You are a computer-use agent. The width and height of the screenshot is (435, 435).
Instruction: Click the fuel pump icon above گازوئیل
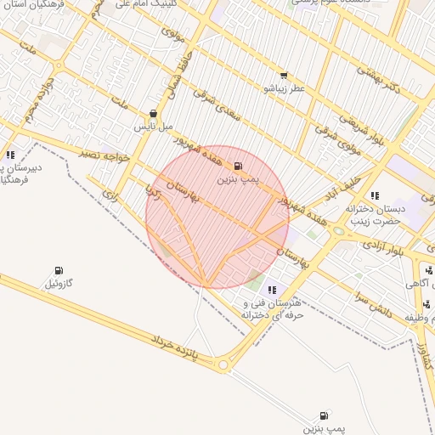tap(59, 270)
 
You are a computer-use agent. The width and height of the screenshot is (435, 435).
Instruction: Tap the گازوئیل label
tap(59, 283)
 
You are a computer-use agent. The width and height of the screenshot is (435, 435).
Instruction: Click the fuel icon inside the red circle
tap(237, 166)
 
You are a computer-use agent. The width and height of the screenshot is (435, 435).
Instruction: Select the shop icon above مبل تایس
tap(153, 113)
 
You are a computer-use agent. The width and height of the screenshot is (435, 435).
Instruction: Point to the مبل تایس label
tap(153, 126)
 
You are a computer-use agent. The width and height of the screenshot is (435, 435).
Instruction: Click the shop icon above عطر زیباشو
tap(283, 76)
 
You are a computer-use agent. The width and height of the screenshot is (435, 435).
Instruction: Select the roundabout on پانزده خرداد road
tap(223, 365)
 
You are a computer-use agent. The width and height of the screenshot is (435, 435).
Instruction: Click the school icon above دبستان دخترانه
tap(375, 195)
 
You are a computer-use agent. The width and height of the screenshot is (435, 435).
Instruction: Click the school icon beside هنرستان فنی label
tap(271, 291)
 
